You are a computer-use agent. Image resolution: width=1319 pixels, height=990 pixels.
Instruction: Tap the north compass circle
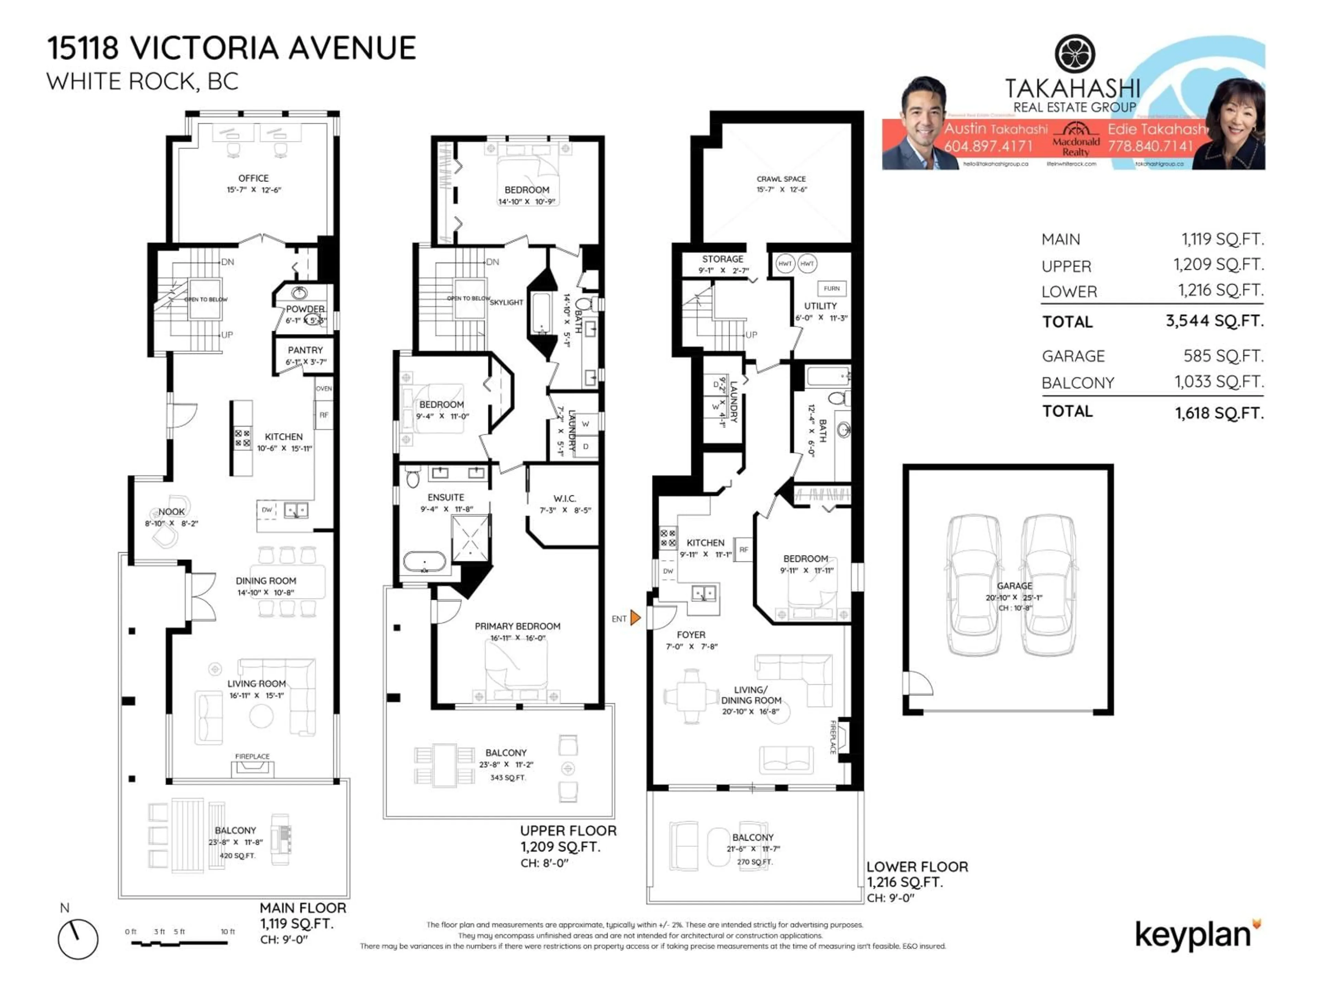(78, 939)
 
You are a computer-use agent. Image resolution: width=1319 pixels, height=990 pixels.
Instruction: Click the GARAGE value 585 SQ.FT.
(1223, 356)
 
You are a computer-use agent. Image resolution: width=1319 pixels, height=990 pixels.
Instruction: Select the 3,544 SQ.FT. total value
(1215, 321)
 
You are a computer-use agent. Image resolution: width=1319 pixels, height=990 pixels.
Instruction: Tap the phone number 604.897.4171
(988, 146)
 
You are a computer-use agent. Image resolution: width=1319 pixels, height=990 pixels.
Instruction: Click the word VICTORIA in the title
(204, 48)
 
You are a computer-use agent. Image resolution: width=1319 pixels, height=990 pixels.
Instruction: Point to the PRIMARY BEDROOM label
(517, 626)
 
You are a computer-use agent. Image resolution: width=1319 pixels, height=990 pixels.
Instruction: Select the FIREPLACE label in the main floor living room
(252, 756)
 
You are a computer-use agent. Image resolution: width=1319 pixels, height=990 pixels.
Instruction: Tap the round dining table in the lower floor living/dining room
(692, 696)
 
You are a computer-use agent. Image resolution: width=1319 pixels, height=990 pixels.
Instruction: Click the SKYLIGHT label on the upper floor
(506, 302)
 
